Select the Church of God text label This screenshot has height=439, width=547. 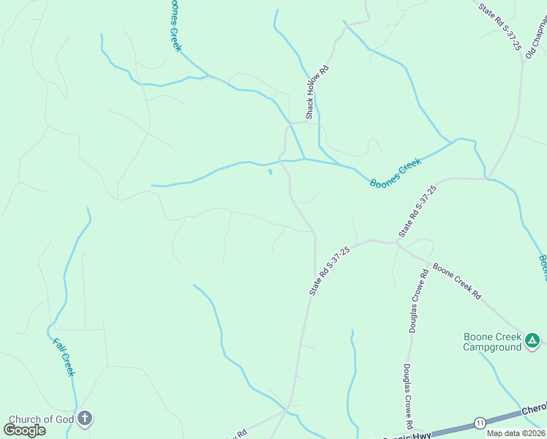point(40,420)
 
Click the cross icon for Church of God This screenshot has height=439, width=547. point(85,420)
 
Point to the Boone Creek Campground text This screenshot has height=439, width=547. point(492,342)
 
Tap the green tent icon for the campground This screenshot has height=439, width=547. point(533,340)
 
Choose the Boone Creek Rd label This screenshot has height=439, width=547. point(457,281)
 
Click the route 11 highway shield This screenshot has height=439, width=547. point(480,423)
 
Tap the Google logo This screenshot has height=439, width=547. point(25,429)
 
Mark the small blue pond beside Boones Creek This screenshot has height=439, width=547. point(271,173)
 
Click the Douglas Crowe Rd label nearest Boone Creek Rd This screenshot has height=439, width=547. point(418,301)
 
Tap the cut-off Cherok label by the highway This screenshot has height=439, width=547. point(534,411)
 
